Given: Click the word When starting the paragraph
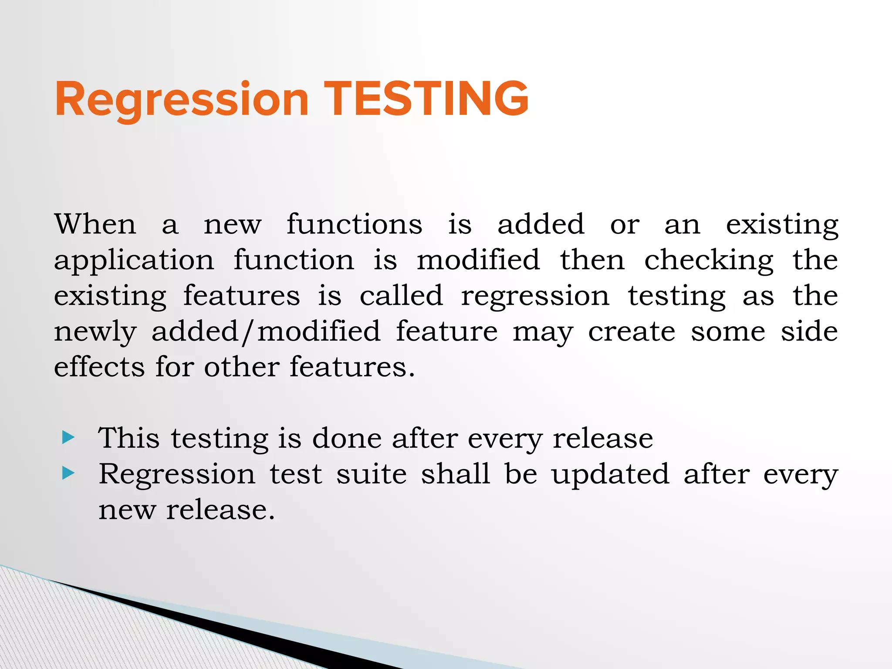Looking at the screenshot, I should pyautogui.click(x=95, y=224).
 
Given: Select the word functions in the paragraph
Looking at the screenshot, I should pyautogui.click(x=354, y=224).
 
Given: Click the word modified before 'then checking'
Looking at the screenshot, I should pyautogui.click(x=478, y=260).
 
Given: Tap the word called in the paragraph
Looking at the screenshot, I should pyautogui.click(x=401, y=296).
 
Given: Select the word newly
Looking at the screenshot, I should pyautogui.click(x=95, y=332).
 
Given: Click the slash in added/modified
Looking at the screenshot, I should pyautogui.click(x=248, y=332).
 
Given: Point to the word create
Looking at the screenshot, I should pyautogui.click(x=632, y=332).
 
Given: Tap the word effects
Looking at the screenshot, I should pyautogui.click(x=99, y=367).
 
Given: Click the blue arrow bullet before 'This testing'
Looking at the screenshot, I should pyautogui.click(x=68, y=437).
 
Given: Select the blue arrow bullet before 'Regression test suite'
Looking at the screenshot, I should pyautogui.click(x=68, y=473).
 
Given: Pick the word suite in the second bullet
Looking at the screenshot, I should pyautogui.click(x=371, y=474).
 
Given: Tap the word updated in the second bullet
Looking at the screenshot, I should pyautogui.click(x=610, y=475).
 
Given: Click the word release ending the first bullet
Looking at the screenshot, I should pyautogui.click(x=603, y=438).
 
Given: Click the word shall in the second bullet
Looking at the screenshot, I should pyautogui.click(x=455, y=474).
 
